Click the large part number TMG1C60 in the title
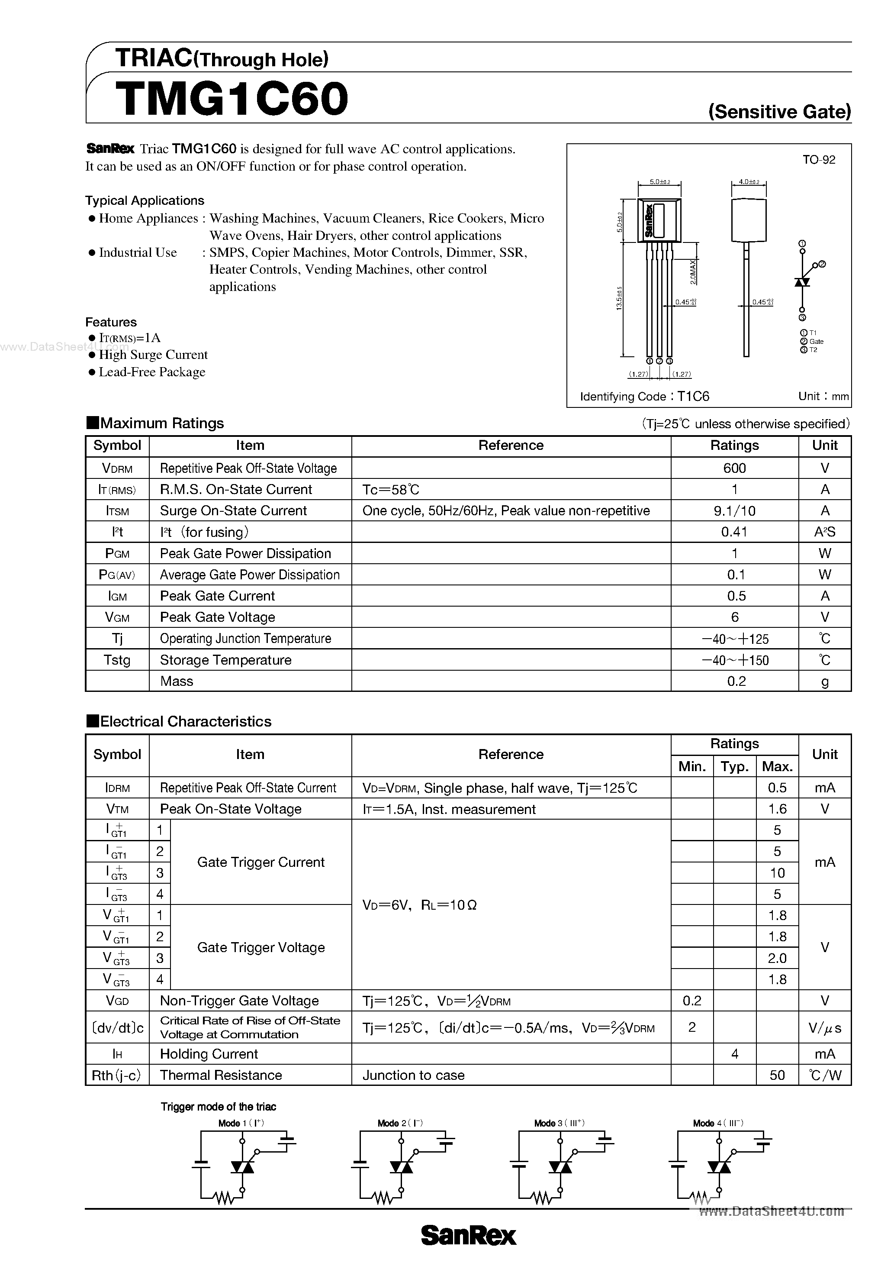click(232, 99)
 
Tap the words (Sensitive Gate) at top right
click(779, 112)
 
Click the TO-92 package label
click(818, 160)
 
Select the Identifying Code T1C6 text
click(644, 397)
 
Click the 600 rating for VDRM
click(734, 468)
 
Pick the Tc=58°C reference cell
click(391, 490)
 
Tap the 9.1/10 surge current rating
click(734, 510)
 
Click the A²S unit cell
click(825, 532)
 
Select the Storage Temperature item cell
click(225, 660)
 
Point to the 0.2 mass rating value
click(736, 681)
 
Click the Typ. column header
click(734, 766)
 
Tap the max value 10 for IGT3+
click(777, 873)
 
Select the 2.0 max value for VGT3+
click(777, 958)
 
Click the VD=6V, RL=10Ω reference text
click(419, 905)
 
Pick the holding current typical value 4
click(734, 1054)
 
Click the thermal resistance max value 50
click(777, 1075)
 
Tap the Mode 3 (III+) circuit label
click(559, 1123)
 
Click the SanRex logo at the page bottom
click(469, 1236)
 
